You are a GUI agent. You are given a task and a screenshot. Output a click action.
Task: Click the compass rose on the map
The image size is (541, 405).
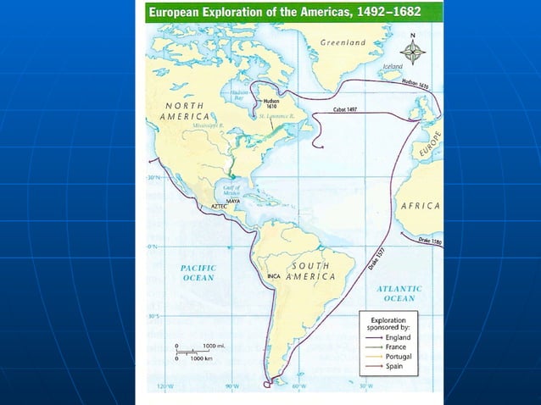(413, 52)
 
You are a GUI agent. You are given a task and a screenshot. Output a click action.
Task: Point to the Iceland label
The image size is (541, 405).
(393, 66)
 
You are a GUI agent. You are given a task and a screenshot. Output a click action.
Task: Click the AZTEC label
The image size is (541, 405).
(211, 206)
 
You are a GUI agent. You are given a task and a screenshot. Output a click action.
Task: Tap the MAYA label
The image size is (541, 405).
(234, 201)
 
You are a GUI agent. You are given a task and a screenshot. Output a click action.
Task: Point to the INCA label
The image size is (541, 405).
(273, 277)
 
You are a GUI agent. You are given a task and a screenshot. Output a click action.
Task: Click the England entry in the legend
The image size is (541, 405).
(398, 336)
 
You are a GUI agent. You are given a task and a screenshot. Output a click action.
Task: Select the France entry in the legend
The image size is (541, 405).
(395, 347)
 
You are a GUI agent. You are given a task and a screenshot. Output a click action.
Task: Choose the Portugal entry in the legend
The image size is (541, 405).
(398, 357)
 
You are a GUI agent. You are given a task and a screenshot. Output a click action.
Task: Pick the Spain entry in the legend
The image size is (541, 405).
(393, 367)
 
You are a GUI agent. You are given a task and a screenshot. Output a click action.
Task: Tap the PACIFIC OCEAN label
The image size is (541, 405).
(198, 273)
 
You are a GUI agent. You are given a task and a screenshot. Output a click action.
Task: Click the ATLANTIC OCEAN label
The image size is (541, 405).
(399, 293)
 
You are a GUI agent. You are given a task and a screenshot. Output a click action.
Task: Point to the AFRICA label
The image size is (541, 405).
(421, 206)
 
